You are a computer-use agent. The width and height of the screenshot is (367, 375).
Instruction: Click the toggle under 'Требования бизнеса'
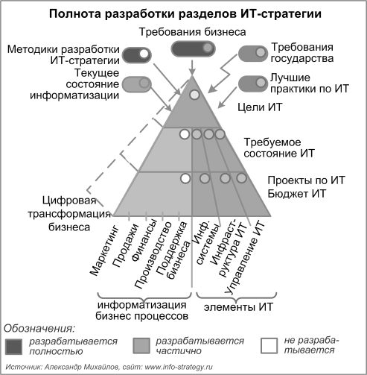point(193,48)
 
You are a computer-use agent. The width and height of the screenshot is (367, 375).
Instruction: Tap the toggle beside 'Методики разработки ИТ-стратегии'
point(137,54)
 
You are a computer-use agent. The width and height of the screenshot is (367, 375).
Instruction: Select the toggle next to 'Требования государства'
point(253,53)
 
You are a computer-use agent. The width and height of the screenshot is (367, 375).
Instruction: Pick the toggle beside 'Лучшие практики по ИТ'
point(253,83)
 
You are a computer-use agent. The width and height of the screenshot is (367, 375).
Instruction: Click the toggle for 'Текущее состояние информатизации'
point(137,84)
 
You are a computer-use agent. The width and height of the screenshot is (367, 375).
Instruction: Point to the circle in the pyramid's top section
point(194,95)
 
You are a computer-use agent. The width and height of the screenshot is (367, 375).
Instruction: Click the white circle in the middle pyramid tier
point(185,134)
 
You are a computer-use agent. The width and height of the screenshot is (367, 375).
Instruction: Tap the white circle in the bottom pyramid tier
point(185,178)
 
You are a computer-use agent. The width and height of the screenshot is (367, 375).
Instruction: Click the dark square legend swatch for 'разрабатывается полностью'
point(13,347)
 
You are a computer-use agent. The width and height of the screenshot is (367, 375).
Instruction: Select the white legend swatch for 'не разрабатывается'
point(269,346)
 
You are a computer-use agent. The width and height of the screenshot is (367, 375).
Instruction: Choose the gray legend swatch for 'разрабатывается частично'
point(141,345)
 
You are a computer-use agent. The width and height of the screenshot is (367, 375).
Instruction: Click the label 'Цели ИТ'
point(260,107)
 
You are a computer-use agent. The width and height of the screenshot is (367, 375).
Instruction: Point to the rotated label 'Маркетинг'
point(104,250)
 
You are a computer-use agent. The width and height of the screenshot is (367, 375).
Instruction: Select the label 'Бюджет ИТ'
point(296,194)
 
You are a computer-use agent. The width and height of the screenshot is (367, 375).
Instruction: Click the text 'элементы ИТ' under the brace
point(238,307)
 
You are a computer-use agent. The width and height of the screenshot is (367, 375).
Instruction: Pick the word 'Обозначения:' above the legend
point(39,329)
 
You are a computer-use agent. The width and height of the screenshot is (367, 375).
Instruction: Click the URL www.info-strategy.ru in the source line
point(179,367)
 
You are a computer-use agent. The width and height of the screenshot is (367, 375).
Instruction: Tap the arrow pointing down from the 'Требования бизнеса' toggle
point(192,66)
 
